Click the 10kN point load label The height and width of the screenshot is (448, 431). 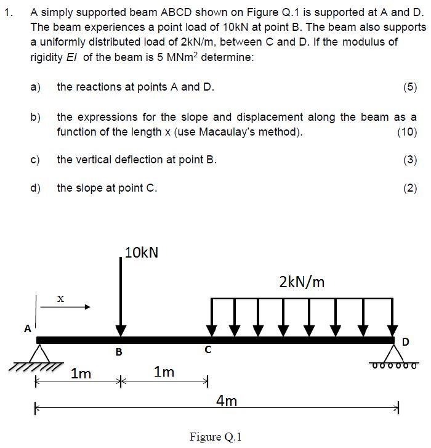pos(141,253)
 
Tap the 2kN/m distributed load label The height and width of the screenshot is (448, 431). pos(302,282)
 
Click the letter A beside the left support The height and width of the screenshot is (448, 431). pos(27,328)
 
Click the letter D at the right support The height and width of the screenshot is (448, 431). pos(405,341)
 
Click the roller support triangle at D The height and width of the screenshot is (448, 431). pos(394,353)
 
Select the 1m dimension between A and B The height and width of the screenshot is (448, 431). pos(81,373)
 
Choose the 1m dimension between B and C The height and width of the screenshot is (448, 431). pos(164,372)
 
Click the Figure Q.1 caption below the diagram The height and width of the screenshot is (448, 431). pos(216,437)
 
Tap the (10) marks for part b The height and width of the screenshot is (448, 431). pos(407,132)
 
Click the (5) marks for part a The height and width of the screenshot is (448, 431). pos(410,87)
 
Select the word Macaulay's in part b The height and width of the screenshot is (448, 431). pos(244,132)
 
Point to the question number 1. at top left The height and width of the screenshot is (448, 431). pos(8,12)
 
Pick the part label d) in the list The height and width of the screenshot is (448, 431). pos(36,188)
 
